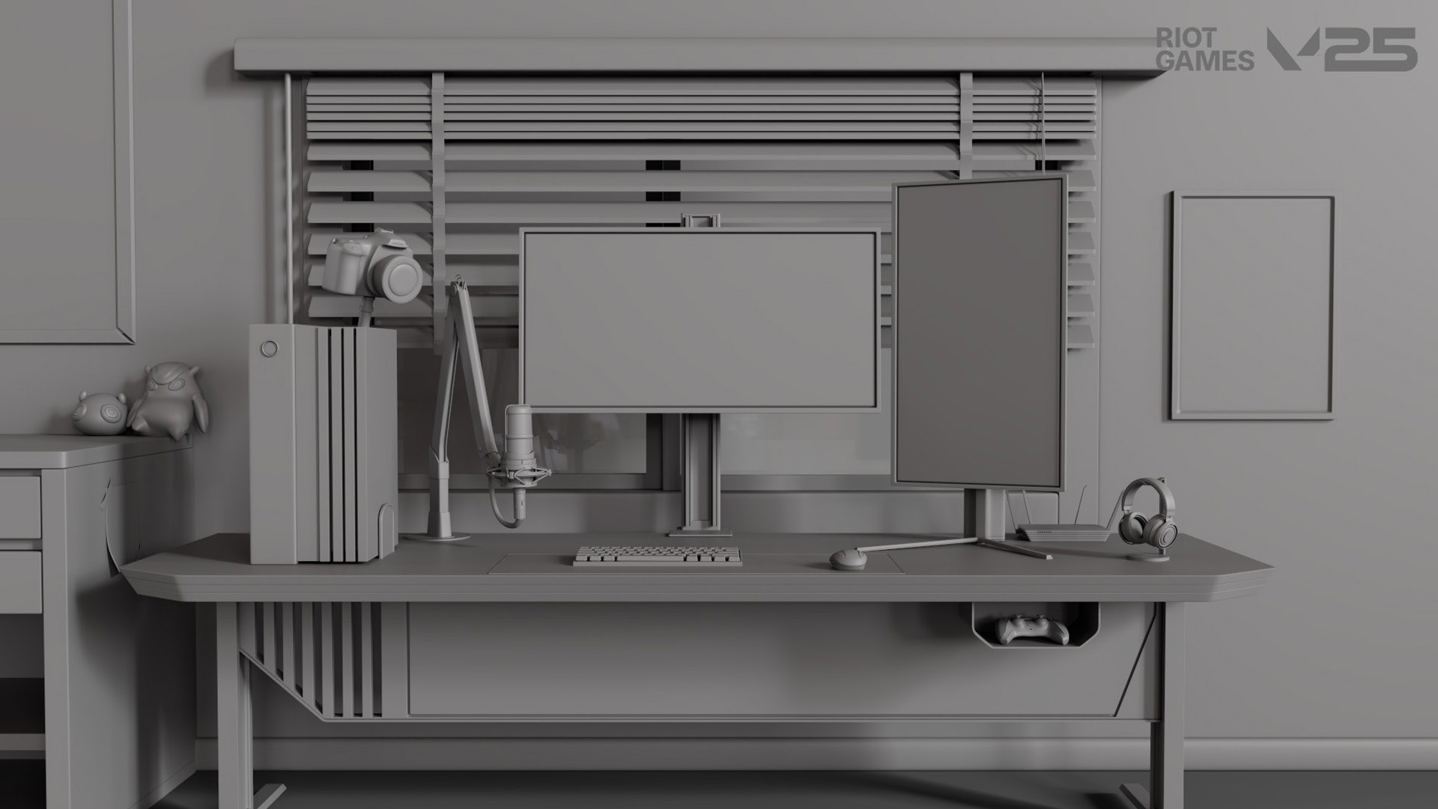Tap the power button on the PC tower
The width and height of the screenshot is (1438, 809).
click(x=268, y=348)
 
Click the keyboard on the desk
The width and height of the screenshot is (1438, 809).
click(x=658, y=555)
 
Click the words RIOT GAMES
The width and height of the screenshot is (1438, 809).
click(x=1204, y=49)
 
